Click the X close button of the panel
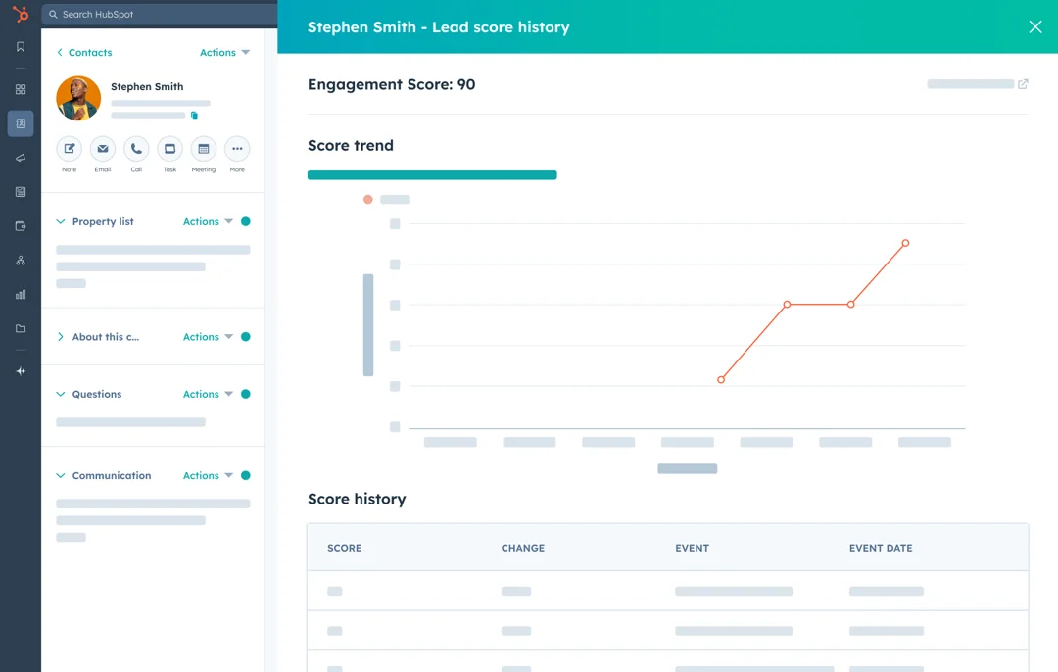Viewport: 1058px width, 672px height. tap(1034, 27)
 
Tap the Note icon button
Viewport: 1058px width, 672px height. tap(69, 149)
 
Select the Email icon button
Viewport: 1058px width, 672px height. tap(103, 149)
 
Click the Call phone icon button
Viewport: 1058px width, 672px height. tap(136, 149)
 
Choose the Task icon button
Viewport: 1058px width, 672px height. tap(169, 149)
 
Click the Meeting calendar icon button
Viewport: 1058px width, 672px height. tap(204, 149)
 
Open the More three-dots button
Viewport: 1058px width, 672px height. tap(237, 149)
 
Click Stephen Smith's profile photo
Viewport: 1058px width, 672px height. tap(78, 98)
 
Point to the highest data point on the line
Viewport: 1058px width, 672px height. tap(905, 243)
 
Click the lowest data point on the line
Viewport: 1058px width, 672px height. tap(721, 379)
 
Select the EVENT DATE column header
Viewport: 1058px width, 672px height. tap(880, 548)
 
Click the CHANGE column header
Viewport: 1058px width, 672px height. tap(522, 548)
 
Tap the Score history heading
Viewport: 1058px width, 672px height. tap(357, 499)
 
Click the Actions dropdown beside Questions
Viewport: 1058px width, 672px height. tap(208, 394)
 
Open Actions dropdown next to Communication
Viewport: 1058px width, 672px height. tap(208, 475)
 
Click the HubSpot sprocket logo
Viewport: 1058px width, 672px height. tap(21, 15)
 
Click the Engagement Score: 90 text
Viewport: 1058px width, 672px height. tap(391, 84)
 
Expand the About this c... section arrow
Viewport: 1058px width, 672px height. tap(61, 337)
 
